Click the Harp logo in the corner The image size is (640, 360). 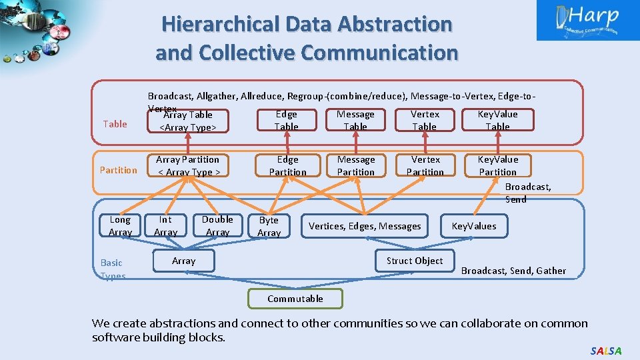coord(587,20)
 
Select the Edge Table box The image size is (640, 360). coord(287,121)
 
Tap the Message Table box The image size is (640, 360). coord(355,121)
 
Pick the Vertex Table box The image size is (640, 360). coord(425,121)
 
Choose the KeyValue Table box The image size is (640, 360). coord(497,121)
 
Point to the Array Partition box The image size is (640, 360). coord(188,166)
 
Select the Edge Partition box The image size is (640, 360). coord(287,166)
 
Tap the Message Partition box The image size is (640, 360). coord(356,166)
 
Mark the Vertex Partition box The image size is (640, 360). coord(425,166)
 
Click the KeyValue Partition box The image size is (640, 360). coord(497,166)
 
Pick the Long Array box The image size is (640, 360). coord(120,226)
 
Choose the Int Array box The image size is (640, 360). coord(165,226)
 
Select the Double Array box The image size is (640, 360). coord(217,226)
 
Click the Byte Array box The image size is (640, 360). coord(269,227)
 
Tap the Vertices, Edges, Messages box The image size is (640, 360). coord(365,227)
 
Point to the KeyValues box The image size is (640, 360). coord(474,227)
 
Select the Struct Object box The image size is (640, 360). coord(415,261)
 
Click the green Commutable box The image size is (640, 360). coord(295,299)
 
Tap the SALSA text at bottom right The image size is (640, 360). coord(605,351)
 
